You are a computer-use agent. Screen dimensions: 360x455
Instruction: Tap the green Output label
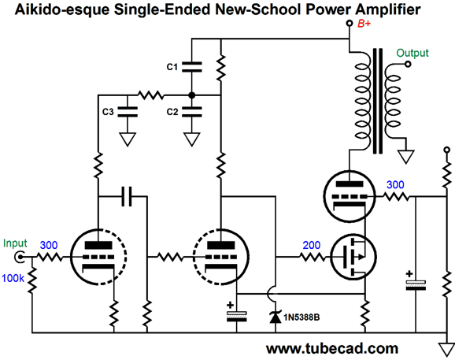coord(412,53)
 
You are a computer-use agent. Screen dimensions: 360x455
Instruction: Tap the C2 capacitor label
coord(173,111)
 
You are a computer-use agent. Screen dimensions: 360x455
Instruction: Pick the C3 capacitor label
coord(109,111)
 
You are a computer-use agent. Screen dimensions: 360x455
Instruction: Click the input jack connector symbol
coord(31,257)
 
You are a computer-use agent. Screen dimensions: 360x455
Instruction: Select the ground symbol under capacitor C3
coord(126,140)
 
